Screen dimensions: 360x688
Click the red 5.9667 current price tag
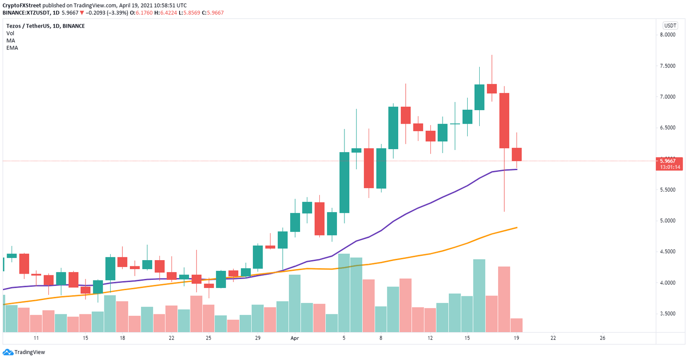pyautogui.click(x=669, y=161)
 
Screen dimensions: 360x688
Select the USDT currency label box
pyautogui.click(x=670, y=26)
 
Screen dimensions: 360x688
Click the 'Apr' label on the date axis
pyautogui.click(x=295, y=338)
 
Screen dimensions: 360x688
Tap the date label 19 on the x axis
pyautogui.click(x=516, y=338)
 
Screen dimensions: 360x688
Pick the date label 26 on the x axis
pyautogui.click(x=602, y=338)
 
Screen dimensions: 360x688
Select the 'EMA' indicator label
pyautogui.click(x=12, y=47)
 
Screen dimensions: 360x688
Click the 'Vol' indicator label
pyautogui.click(x=10, y=33)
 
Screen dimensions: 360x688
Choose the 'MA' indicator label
pyautogui.click(x=10, y=40)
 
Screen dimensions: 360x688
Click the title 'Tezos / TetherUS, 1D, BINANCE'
pyautogui.click(x=45, y=26)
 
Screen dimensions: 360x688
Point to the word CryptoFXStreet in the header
pyautogui.click(x=21, y=5)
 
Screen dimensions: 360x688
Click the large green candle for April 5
pyautogui.click(x=344, y=182)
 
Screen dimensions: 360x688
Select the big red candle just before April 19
pyautogui.click(x=504, y=120)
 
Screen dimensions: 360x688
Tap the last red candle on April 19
pyautogui.click(x=517, y=154)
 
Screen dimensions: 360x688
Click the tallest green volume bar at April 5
pyautogui.click(x=344, y=293)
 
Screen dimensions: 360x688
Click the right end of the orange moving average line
pyautogui.click(x=517, y=227)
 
